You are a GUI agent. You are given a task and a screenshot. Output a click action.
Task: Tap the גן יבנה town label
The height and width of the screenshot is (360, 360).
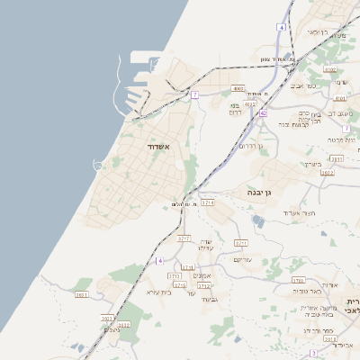260,192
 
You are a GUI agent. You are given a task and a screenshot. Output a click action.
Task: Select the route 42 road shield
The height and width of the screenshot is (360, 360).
263,113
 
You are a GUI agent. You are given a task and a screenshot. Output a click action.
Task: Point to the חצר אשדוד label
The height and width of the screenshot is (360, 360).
296,212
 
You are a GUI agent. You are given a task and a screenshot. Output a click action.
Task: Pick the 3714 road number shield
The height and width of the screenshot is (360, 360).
208,204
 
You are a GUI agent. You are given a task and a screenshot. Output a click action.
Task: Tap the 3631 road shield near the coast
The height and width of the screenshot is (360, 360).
82,294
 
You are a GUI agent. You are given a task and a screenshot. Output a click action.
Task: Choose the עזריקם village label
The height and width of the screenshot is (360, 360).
243,259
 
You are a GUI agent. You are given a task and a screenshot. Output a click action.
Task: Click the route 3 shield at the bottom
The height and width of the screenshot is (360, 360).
313,354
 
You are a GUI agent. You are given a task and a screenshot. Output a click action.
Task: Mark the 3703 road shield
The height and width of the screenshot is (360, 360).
107,318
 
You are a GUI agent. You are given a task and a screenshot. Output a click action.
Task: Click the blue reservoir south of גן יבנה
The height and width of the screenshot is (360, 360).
259,220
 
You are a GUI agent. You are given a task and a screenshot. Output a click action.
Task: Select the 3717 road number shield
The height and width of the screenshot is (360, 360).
184,238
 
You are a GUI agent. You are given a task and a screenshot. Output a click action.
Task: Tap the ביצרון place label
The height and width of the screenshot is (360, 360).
311,164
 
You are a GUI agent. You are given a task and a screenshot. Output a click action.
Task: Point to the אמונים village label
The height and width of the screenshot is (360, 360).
202,275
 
